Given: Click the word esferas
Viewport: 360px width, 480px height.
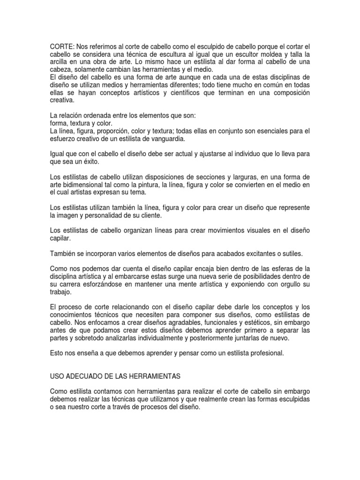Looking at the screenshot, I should pyautogui.click(x=280, y=269).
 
